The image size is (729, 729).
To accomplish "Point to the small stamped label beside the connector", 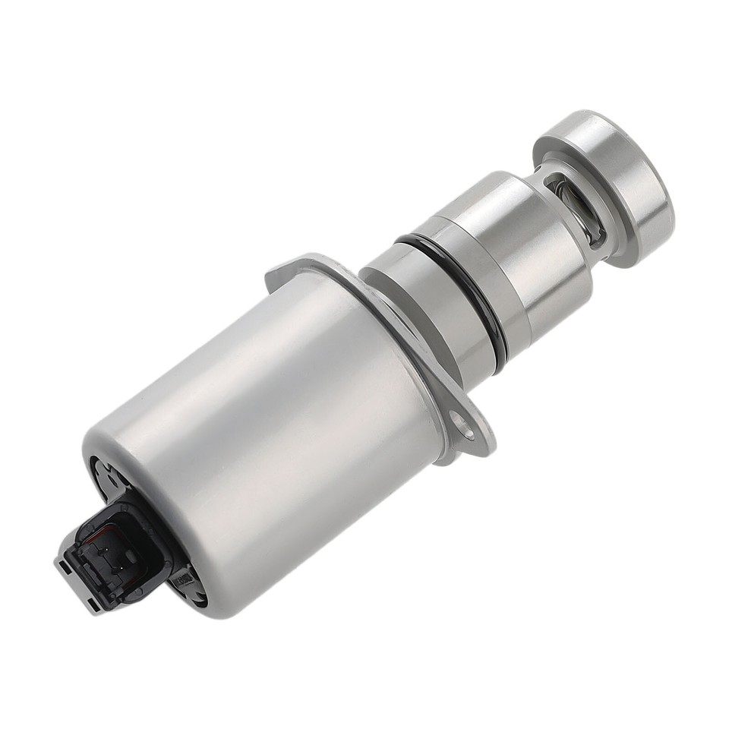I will (183, 580).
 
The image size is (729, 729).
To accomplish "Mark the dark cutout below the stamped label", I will (197, 596).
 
